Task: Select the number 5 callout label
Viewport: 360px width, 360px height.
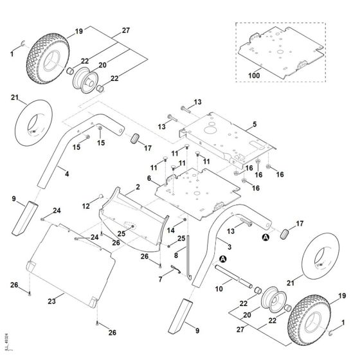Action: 255,123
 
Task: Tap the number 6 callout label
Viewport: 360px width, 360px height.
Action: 150,178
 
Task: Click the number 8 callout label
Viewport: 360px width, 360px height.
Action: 175,255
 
